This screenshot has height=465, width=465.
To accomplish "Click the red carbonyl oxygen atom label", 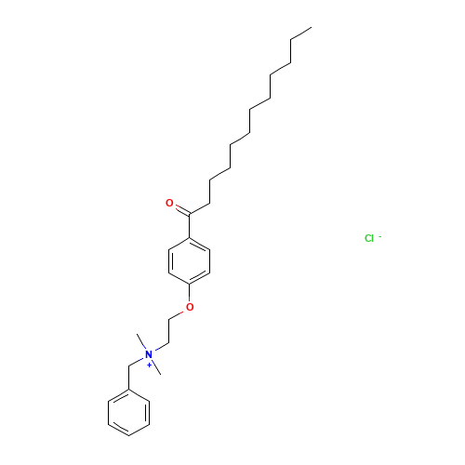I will pos(169,202).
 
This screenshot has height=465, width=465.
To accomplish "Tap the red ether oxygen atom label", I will pos(191,307).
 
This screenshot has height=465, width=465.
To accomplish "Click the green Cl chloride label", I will pos(368,239).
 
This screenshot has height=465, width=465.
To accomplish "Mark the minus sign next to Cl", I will pos(379,236).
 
